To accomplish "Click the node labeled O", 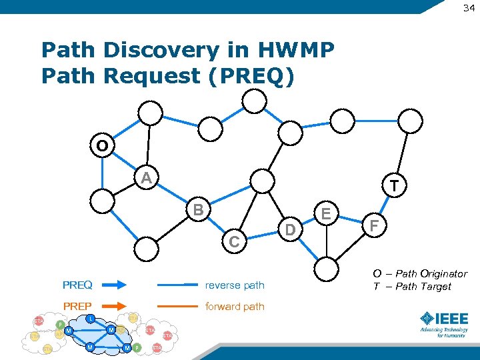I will (102, 145).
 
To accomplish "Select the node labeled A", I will (146, 178).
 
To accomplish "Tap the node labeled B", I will (197, 209).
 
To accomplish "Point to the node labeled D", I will (290, 231).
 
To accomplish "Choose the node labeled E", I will (327, 213).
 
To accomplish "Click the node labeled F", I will (375, 227).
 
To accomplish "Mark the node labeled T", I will (395, 186).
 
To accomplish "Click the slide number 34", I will (469, 8).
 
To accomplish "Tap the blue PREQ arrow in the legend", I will (112, 285).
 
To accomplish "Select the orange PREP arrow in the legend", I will (112, 307).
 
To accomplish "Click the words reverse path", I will (235, 285).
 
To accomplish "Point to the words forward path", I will (235, 307).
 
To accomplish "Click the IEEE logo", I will (443, 323).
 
